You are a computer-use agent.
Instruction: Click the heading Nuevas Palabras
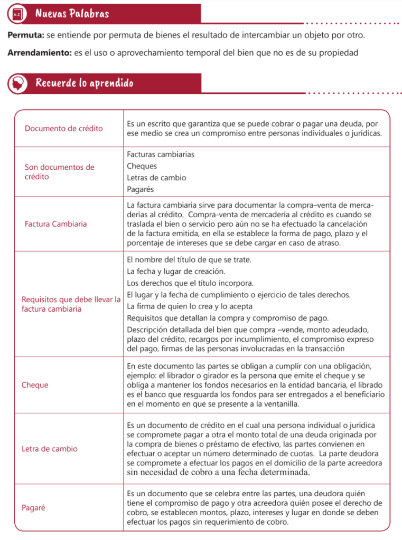pos(72,13)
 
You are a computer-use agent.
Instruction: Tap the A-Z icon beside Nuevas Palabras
pos(17,14)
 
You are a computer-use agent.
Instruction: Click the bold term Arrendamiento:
pos(39,53)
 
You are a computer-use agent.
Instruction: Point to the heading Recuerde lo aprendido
pos(84,83)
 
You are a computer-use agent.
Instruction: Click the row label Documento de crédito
pos(64,128)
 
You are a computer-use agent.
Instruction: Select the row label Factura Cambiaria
pos(55,224)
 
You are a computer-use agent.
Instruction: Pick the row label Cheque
pos(35,385)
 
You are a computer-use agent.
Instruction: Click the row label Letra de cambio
pos(49,449)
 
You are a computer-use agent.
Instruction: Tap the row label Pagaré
pos(33,508)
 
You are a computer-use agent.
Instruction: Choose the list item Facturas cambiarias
pos(161,155)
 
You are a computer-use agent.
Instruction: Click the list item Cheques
pos(142,166)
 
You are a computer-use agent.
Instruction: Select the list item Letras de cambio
pos(156,178)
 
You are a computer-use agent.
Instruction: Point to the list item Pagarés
pos(141,189)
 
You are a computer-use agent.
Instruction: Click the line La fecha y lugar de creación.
pos(176,271)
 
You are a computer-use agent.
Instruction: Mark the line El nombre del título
pos(189,259)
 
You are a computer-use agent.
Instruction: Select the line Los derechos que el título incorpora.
pos(190,283)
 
